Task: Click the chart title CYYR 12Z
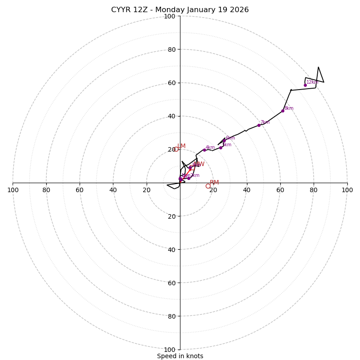pyautogui.click(x=180, y=10)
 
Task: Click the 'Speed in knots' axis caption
pyautogui.click(x=180, y=356)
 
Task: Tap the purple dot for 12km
pyautogui.click(x=305, y=85)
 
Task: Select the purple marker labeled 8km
pyautogui.click(x=283, y=111)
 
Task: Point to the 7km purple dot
pyautogui.click(x=259, y=125)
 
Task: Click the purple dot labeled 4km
pyautogui.click(x=204, y=150)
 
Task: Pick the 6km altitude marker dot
pyautogui.click(x=224, y=140)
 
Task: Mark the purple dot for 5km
pyautogui.click(x=220, y=148)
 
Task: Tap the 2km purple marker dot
pyautogui.click(x=189, y=178)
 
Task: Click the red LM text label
pyautogui.click(x=181, y=146)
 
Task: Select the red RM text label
pyautogui.click(x=214, y=183)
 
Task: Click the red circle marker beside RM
pyautogui.click(x=208, y=186)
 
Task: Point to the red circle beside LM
pyautogui.click(x=176, y=149)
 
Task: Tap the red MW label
pyautogui.click(x=199, y=164)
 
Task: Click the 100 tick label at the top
pyautogui.click(x=170, y=16)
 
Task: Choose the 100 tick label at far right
pyautogui.click(x=347, y=190)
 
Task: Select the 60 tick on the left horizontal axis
pyautogui.click(x=80, y=190)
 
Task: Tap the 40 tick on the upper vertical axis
pyautogui.click(x=171, y=116)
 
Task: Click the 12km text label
pyautogui.click(x=312, y=82)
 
